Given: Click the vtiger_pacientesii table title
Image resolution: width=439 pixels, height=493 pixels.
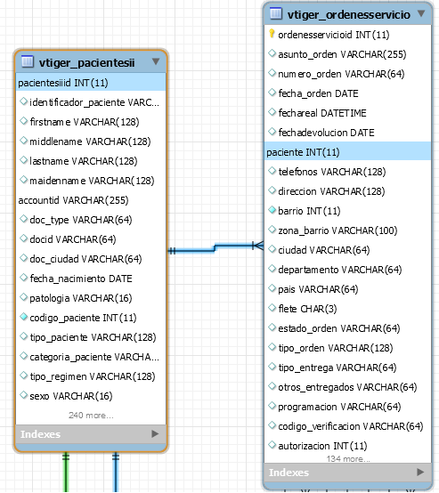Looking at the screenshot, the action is click(87, 62).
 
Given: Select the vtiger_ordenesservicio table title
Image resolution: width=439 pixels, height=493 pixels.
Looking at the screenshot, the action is click(349, 14).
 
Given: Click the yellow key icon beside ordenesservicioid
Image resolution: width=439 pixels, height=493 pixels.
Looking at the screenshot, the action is click(272, 34).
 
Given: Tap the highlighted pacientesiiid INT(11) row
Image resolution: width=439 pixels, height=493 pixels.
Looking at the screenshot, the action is click(91, 83).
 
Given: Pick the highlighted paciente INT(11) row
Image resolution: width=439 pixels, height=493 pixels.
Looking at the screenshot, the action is click(348, 152).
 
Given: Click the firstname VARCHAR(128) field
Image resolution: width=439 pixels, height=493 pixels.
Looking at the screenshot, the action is click(85, 122).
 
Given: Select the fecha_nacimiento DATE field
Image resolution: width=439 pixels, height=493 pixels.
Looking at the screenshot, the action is click(81, 279).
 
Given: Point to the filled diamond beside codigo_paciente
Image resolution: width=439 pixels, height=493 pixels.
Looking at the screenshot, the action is click(24, 317).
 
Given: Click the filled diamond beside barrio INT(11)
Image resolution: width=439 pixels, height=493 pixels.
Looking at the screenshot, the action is click(272, 210).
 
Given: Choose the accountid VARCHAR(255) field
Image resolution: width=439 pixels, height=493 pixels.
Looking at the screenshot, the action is click(73, 200).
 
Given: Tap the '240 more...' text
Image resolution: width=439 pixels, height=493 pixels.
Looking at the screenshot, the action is click(91, 416).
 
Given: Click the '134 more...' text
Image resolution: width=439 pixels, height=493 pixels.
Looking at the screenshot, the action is click(348, 458).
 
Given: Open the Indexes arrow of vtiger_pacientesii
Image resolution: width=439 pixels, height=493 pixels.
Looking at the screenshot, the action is click(155, 434).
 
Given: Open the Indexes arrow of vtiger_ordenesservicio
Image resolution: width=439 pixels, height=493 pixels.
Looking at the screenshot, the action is click(420, 472).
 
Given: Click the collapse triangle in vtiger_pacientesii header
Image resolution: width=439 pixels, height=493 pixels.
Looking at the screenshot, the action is click(156, 61).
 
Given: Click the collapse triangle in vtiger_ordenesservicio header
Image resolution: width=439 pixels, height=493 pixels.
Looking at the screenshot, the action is click(421, 13).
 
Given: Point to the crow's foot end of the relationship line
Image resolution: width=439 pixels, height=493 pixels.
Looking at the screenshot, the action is click(258, 246).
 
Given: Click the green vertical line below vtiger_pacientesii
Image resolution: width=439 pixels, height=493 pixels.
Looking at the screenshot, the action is click(66, 472).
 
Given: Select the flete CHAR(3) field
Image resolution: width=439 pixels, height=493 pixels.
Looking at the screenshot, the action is click(307, 309).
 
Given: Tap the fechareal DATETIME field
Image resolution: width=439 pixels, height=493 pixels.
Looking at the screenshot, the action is click(322, 113).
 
